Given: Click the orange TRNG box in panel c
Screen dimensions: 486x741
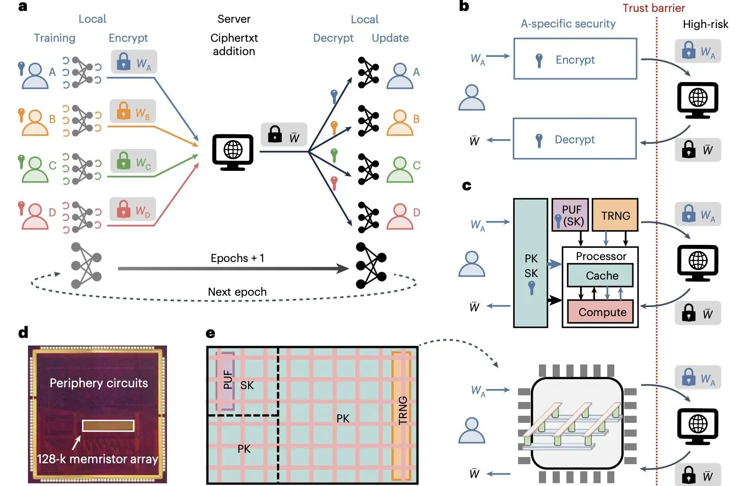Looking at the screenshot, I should pos(616,215).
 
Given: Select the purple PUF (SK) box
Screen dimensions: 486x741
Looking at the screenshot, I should pos(570,215).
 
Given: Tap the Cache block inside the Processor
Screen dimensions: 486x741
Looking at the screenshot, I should pos(601,275).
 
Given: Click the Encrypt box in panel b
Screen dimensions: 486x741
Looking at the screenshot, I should pos(575,59).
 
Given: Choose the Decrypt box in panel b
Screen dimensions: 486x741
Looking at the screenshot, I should pos(574,139).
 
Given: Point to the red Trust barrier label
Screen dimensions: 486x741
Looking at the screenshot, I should pos(653,8).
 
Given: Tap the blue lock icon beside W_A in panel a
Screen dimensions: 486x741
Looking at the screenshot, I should pos(123,62).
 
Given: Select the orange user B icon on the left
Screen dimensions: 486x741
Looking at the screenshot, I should pos(35,122).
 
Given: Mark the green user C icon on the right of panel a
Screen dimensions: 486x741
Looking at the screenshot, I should pos(400,169).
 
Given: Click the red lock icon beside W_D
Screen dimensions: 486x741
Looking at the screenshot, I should pos(123,209).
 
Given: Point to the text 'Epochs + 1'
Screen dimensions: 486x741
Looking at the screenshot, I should pos(237,258).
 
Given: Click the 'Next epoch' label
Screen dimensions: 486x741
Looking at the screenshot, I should pos(237,292).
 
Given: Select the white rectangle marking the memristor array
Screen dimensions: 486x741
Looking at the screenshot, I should pos(108,425).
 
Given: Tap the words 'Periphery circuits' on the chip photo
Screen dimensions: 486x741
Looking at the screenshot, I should pos(99,383).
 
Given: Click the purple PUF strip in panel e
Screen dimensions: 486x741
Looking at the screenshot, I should pos(225,381).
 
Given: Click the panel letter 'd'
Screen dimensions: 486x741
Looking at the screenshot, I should pos(23,333).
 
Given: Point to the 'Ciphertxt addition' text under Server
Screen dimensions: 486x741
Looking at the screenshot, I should pos(234,44).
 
